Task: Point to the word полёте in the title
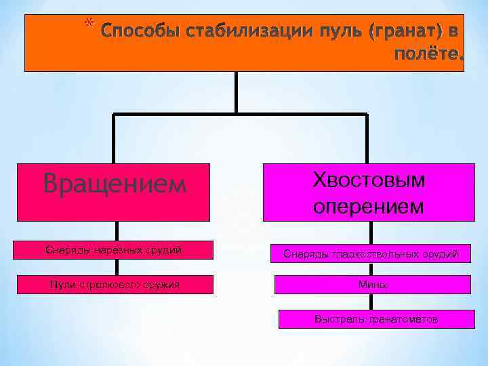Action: (x=426, y=55)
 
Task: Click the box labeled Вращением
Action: (x=114, y=192)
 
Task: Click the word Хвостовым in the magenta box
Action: (x=369, y=180)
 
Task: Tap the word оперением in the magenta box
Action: (x=369, y=206)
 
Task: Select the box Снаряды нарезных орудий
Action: (x=114, y=250)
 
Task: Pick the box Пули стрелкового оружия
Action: (x=114, y=284)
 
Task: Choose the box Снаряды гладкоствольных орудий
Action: (x=371, y=254)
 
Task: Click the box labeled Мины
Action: (x=372, y=285)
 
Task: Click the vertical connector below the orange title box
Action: (x=236, y=91)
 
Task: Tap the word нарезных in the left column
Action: (x=109, y=250)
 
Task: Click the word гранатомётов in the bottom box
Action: (x=399, y=319)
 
